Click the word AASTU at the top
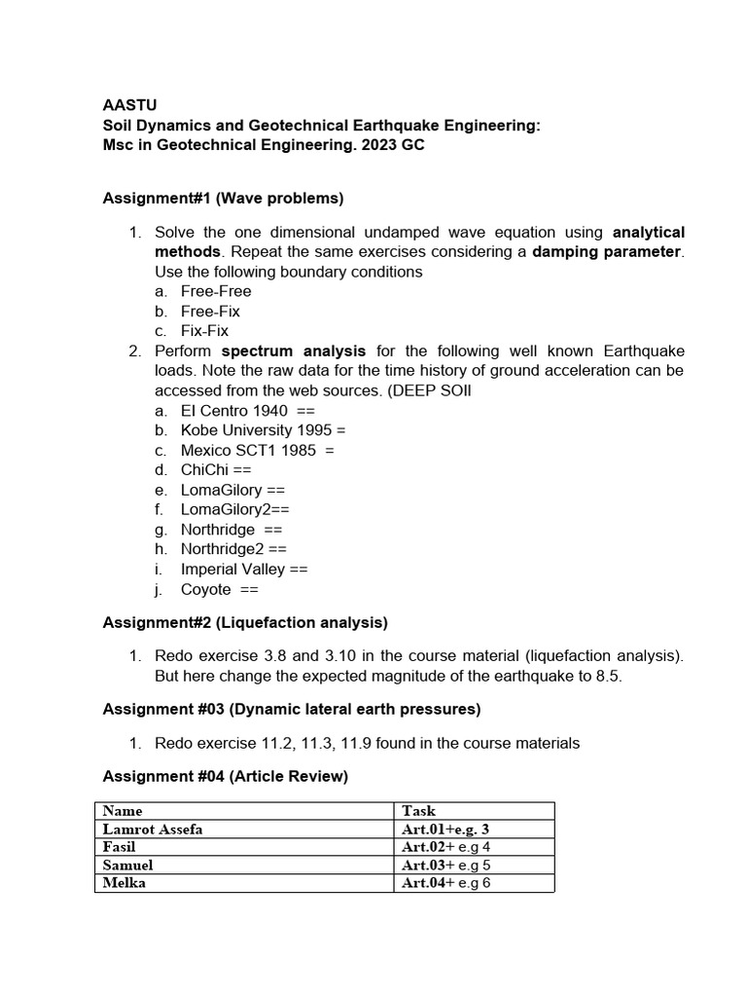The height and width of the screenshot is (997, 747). pos(129,105)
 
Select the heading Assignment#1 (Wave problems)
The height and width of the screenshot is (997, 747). pos(223,199)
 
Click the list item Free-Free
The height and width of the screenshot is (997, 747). pos(215,291)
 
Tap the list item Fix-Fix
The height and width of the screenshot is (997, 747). pos(204,331)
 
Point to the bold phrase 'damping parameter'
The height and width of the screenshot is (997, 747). pos(607,252)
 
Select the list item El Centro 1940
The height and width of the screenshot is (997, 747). pos(233,411)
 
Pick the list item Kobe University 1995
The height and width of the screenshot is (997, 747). pos(250,430)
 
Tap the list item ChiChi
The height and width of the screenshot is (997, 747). pos(205,470)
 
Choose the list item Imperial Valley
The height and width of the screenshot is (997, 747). pos(233,570)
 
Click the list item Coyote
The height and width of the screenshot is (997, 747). pos(206,589)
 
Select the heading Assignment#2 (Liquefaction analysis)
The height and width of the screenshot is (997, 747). pos(245,622)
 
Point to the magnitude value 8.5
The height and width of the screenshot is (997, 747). pos(608,677)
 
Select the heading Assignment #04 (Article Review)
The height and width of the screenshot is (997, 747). pos(225,776)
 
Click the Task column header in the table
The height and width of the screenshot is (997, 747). pos(418,810)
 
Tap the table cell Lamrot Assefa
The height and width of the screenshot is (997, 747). pos(153,829)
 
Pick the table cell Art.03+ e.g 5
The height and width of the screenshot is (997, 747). pos(445,865)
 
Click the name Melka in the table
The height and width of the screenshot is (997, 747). pos(124,883)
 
